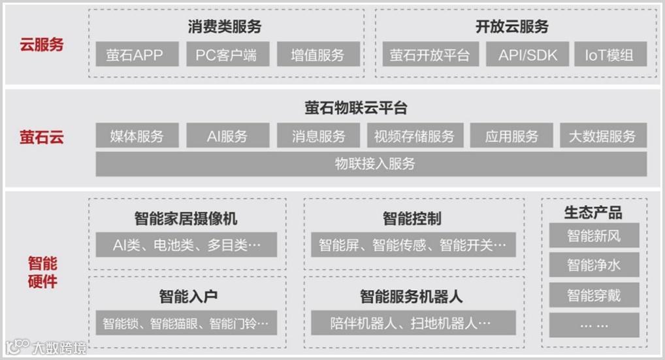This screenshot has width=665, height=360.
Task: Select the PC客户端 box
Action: tap(227, 55)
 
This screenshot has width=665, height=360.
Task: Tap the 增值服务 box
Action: tap(318, 55)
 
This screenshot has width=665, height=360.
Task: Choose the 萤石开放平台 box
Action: tap(430, 55)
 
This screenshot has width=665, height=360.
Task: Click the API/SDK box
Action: tap(527, 55)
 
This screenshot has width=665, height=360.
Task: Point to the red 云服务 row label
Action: tap(42, 45)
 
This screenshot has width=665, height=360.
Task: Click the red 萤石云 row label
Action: tap(42, 137)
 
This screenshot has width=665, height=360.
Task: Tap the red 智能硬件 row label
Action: tap(42, 272)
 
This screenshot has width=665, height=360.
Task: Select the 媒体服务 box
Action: tap(137, 137)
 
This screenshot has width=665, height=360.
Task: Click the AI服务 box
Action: tap(227, 137)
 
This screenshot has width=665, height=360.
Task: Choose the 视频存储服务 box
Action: tap(414, 137)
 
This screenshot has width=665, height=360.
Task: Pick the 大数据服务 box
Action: tap(602, 137)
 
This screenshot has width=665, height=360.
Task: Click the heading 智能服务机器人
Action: tap(412, 297)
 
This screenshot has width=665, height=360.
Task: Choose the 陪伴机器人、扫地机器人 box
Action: tap(412, 323)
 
